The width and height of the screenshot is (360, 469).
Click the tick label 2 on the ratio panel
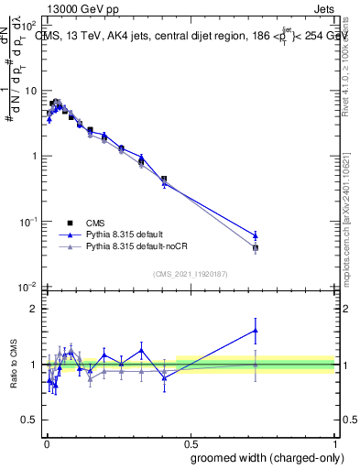(x=36, y=309)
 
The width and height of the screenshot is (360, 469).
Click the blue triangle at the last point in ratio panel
(x=256, y=331)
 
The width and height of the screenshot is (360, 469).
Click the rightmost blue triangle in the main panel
(x=256, y=234)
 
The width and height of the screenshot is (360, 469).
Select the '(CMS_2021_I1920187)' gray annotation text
(x=190, y=273)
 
